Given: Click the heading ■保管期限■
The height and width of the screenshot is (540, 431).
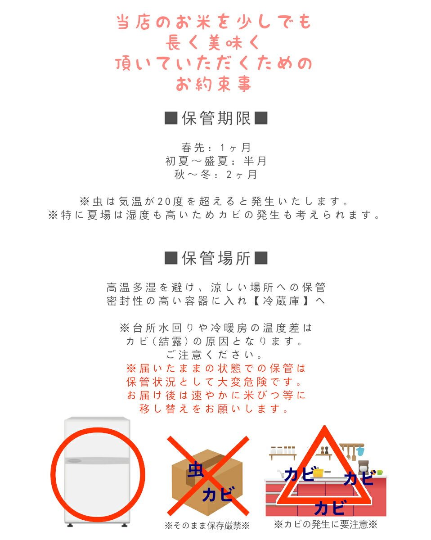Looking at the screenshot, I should click(216, 118).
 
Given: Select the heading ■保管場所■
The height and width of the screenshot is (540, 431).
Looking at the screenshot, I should click(216, 258).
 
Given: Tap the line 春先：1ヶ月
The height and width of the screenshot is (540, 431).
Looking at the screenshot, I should click(216, 147).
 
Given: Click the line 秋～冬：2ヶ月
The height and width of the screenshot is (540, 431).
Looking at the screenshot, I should click(216, 175).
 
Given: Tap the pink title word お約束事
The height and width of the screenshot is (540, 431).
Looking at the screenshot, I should click(214, 84).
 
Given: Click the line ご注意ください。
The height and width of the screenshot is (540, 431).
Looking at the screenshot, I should click(216, 355).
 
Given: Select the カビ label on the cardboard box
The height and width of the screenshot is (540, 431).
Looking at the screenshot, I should click(218, 494).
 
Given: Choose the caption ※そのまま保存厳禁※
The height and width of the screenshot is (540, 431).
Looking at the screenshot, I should click(207, 525).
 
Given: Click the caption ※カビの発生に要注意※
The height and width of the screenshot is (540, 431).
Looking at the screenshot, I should click(325, 524).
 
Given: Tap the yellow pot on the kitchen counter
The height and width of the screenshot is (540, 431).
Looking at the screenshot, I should click(319, 472).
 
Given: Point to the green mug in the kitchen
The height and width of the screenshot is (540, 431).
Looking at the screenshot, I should click(379, 472).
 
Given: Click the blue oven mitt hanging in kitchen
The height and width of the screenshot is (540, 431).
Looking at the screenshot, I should click(360, 450).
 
